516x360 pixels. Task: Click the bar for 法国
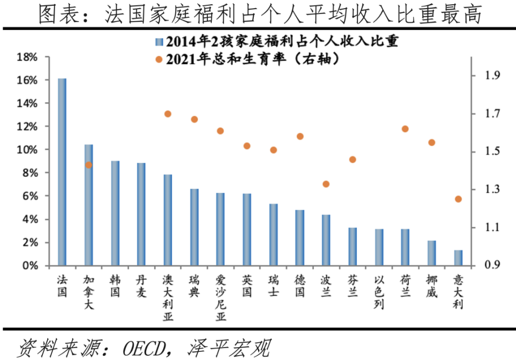click(x=62, y=172)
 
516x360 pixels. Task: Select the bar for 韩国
click(x=115, y=213)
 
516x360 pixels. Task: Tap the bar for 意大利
click(x=458, y=258)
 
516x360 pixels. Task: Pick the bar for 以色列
click(x=379, y=247)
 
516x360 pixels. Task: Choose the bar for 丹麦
click(x=141, y=214)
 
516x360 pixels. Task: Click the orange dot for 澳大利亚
click(x=168, y=114)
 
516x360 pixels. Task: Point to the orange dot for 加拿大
click(x=89, y=165)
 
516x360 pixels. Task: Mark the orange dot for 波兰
click(x=326, y=184)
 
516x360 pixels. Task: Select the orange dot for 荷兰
click(x=405, y=129)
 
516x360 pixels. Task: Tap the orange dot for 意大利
click(x=458, y=199)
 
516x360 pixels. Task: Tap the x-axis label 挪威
click(x=432, y=286)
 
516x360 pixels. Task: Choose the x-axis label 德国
click(x=300, y=286)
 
